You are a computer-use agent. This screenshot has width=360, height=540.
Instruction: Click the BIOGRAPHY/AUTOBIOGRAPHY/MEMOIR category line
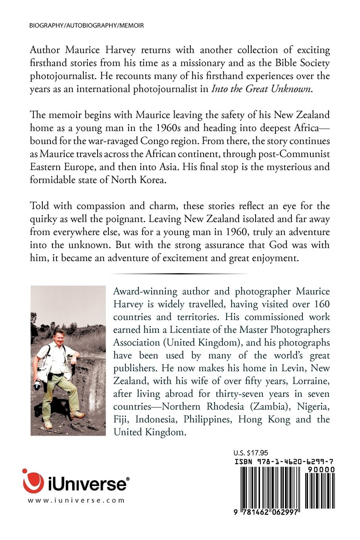87,25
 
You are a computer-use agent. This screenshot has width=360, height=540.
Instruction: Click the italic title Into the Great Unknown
262,89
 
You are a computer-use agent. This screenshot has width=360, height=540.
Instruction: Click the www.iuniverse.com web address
76,501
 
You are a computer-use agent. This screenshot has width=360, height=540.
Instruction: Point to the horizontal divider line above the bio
180,274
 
